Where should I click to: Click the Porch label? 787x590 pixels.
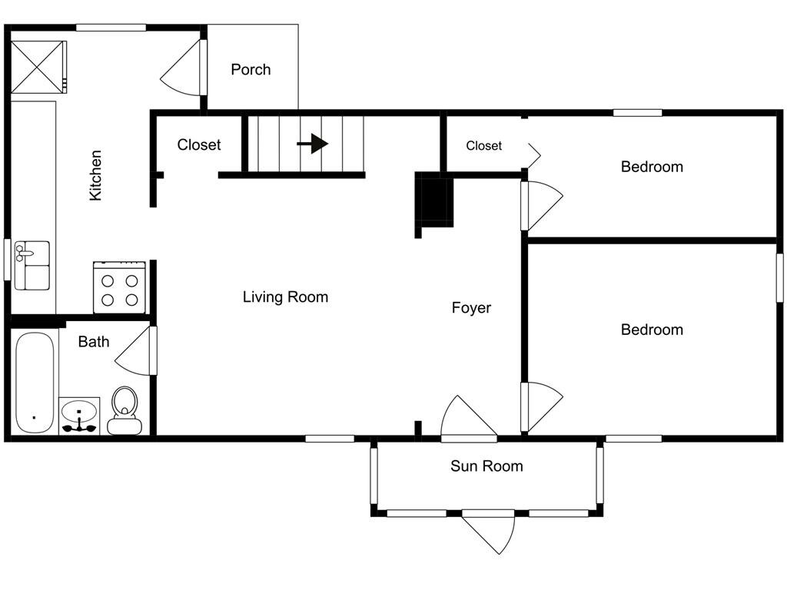click(251, 70)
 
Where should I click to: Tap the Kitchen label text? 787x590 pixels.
click(96, 175)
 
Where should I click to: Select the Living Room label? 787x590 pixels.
click(285, 297)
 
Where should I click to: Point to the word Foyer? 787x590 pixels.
click(471, 308)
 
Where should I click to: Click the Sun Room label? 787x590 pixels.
click(486, 466)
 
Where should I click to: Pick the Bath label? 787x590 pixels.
click(94, 342)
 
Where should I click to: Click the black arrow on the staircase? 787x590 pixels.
click(313, 144)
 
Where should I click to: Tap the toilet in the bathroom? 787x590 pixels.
click(125, 411)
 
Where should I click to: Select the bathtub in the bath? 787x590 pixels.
click(35, 382)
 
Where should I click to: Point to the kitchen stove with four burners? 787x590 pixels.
click(120, 287)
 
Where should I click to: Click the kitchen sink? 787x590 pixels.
click(32, 265)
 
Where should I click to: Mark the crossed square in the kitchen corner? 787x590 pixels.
click(38, 67)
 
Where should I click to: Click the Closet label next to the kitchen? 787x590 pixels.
click(199, 144)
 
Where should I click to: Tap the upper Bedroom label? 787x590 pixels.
click(652, 167)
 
